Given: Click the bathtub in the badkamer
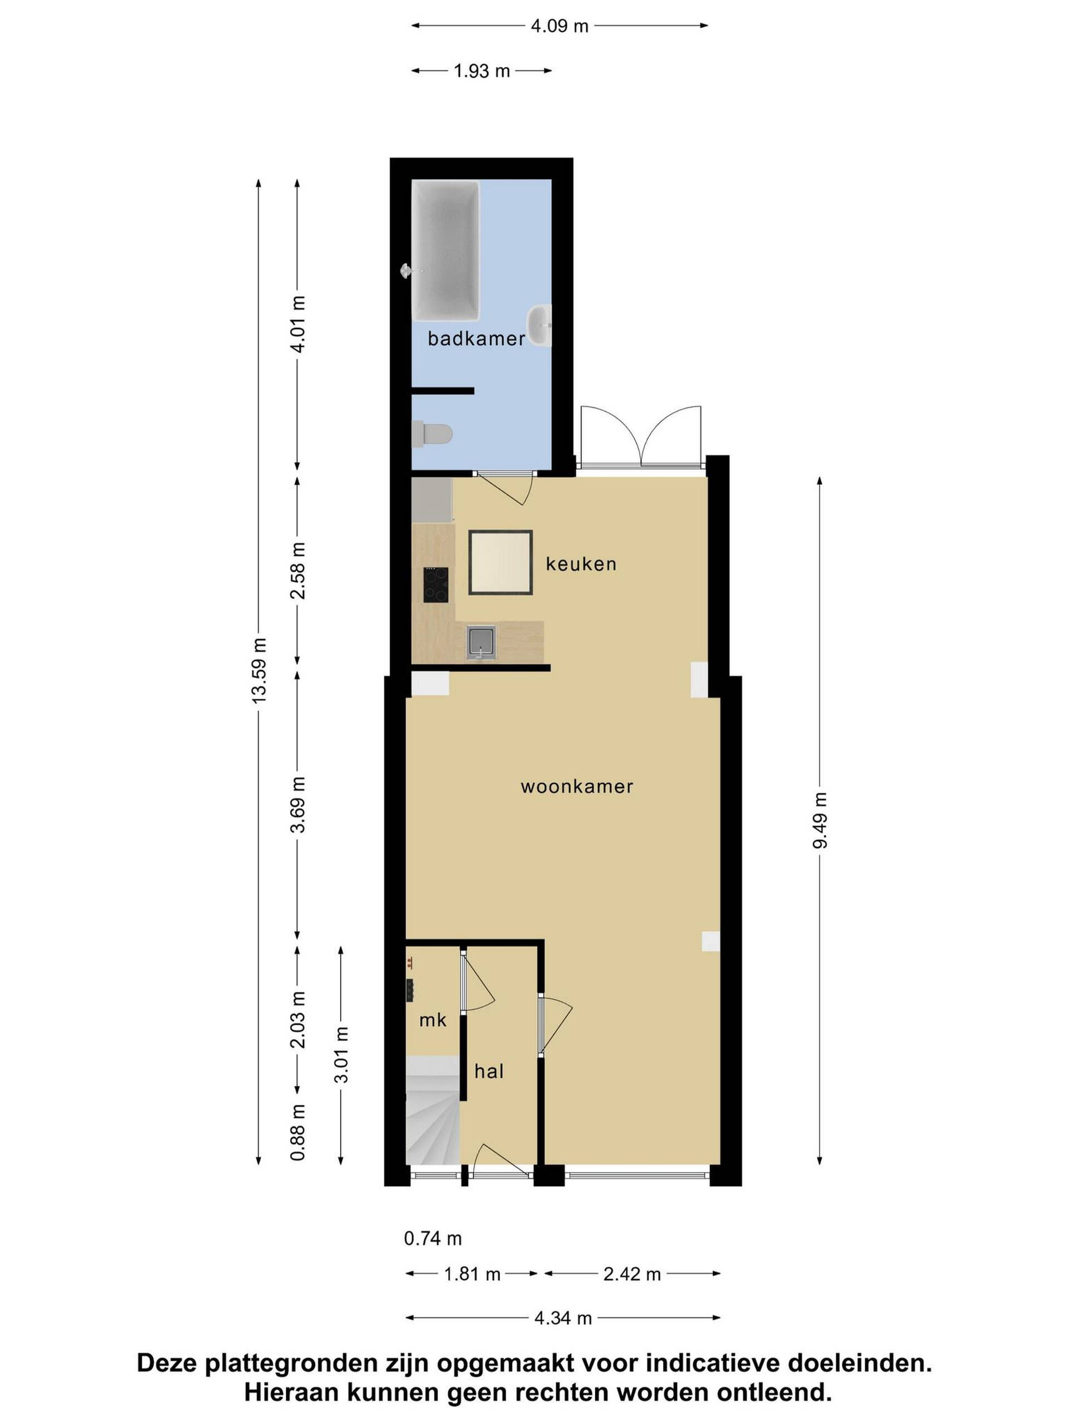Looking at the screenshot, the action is (x=446, y=250).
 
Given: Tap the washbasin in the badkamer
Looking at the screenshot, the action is (x=540, y=325).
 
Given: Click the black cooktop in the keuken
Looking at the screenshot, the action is (x=435, y=584).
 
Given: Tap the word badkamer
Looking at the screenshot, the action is (x=476, y=338).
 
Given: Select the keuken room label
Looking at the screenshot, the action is (x=581, y=564).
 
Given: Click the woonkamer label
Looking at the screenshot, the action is (x=577, y=786).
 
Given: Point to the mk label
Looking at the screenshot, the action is (x=433, y=1020).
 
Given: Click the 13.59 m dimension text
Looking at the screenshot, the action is (x=259, y=671).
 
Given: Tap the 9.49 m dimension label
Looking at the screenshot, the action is (x=819, y=820).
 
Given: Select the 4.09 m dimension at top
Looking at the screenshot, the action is (x=560, y=26).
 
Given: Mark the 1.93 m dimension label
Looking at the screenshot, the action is (x=482, y=71).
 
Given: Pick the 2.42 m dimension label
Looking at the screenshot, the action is (x=632, y=1274).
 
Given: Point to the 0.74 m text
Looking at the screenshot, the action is (x=433, y=1238).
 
